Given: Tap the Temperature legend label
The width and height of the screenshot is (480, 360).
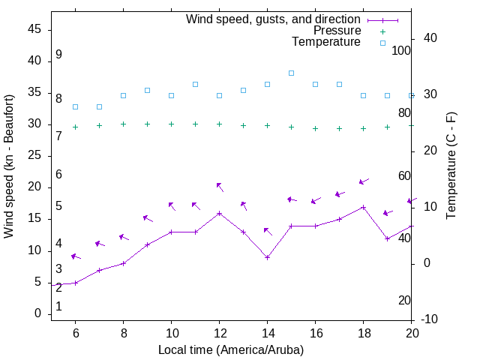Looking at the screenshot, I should coord(326,42).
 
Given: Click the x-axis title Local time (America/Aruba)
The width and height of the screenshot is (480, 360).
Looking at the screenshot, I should coord(231,349).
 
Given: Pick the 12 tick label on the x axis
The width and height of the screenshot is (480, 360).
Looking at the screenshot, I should coord(219,333).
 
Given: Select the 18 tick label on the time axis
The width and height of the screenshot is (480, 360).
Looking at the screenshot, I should coord(363,333).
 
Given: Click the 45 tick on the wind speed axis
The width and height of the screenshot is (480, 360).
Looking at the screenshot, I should coord(34,29).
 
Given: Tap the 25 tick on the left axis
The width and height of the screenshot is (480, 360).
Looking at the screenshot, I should coord(34,156).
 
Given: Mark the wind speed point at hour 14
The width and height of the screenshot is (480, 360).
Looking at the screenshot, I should coord(267,257).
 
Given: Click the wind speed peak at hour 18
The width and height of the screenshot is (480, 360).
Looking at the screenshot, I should coord(363,207).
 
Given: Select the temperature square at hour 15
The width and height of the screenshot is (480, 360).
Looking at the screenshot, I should coord(291,73).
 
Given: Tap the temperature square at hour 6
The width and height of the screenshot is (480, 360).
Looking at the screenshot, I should coord(75,106).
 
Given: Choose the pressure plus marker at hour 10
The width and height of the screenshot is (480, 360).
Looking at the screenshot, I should coord(171,124).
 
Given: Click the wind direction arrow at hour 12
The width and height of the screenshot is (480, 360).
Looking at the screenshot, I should coord(219,185).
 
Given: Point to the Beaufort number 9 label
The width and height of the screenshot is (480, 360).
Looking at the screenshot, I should coord(58,55).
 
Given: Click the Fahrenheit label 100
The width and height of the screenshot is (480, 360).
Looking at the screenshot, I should coord(401,50).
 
